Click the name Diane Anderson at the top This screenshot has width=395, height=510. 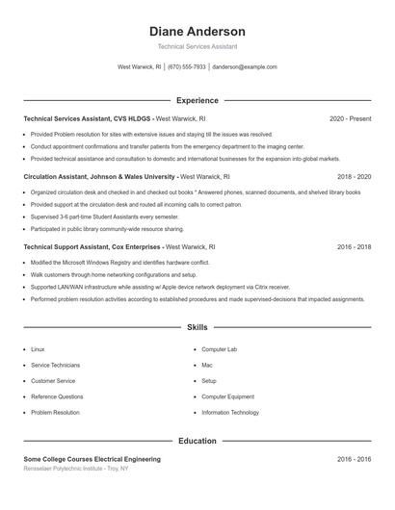197,31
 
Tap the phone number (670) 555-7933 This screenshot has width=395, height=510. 187,67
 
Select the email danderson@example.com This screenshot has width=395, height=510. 245,67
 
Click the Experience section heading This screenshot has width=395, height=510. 197,100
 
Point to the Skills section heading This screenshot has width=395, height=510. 197,328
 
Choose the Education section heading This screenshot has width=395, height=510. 197,441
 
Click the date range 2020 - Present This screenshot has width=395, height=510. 350,118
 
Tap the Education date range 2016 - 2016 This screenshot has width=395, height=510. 354,459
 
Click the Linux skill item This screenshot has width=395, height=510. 38,348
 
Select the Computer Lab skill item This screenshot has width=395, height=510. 219,348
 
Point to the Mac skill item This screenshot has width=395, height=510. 207,365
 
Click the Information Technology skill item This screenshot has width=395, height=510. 230,412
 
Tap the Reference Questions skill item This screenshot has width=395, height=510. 57,396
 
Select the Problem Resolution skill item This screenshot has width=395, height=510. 55,412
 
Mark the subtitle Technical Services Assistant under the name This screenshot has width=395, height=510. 197,46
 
